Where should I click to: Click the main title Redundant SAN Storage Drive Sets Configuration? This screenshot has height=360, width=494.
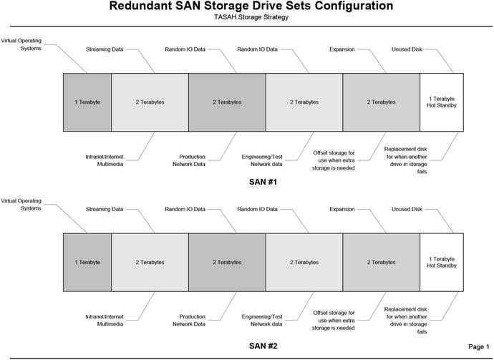(251, 6)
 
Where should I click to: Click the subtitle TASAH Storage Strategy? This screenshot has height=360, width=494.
(251, 17)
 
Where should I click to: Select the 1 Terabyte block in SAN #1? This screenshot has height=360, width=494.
(87, 102)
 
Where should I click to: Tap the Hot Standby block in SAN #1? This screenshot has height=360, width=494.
(441, 102)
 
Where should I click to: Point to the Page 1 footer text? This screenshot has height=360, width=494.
(478, 346)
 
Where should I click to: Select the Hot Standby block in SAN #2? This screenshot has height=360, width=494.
(441, 262)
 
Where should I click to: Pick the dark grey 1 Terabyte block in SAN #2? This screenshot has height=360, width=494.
(87, 262)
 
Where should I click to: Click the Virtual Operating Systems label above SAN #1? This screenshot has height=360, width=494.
(21, 45)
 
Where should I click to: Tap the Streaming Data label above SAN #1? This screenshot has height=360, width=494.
(104, 49)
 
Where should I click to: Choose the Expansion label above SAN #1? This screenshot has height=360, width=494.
(342, 49)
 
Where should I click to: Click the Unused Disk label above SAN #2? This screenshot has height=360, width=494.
(406, 210)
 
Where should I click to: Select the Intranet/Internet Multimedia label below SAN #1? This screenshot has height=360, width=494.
(105, 160)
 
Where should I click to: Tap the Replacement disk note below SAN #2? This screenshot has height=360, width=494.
(406, 323)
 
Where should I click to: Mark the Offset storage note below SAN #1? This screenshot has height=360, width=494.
(334, 160)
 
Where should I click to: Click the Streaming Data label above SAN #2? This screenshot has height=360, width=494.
(104, 210)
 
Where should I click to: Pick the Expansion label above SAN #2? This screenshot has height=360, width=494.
(342, 210)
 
